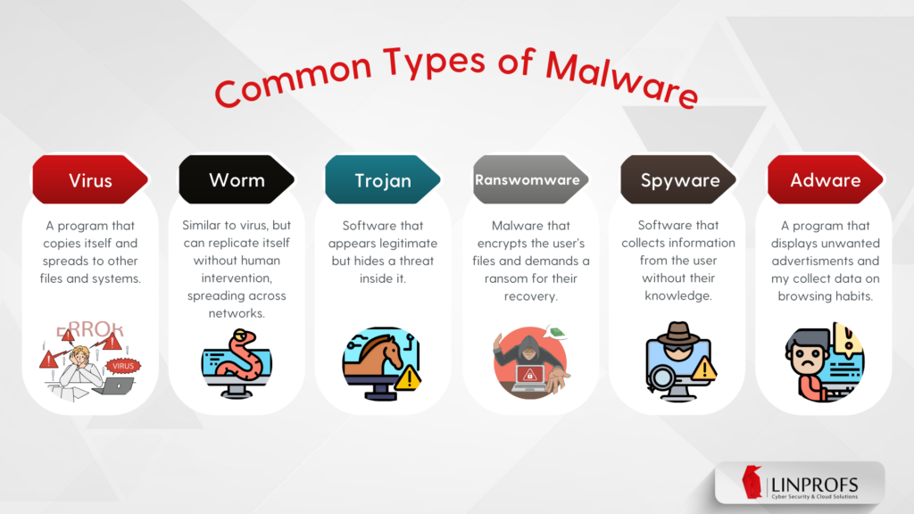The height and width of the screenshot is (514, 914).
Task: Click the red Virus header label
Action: pos(90,180)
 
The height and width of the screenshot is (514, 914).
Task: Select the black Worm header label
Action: pos(237,179)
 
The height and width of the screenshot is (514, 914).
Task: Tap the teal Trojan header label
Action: pos(383,180)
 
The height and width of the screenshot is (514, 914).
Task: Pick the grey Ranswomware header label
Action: pos(528,179)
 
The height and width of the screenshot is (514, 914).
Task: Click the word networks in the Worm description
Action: pos(237,312)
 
